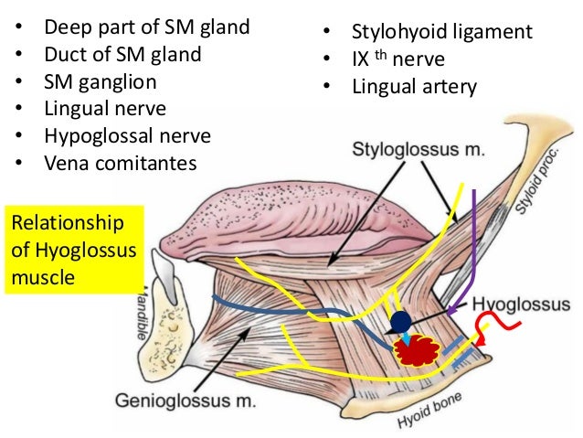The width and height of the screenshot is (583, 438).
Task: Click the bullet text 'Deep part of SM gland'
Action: pyautogui.click(x=146, y=27)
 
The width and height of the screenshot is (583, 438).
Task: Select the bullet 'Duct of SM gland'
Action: pyautogui.click(x=122, y=54)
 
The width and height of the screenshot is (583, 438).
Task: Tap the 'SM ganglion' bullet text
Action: pyautogui.click(x=100, y=81)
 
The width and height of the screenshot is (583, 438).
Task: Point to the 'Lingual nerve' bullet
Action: pyautogui.click(x=104, y=109)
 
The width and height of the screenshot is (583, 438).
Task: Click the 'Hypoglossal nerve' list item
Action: pyautogui.click(x=127, y=136)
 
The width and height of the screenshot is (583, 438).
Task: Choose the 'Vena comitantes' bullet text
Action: pyautogui.click(x=119, y=164)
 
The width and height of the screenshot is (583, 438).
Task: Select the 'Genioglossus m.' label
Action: pyautogui.click(x=188, y=400)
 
